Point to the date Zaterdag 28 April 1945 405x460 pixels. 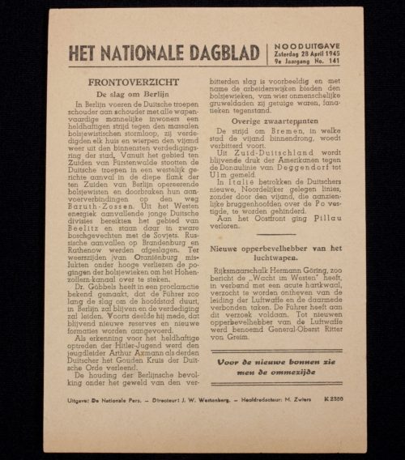[x=306, y=54]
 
